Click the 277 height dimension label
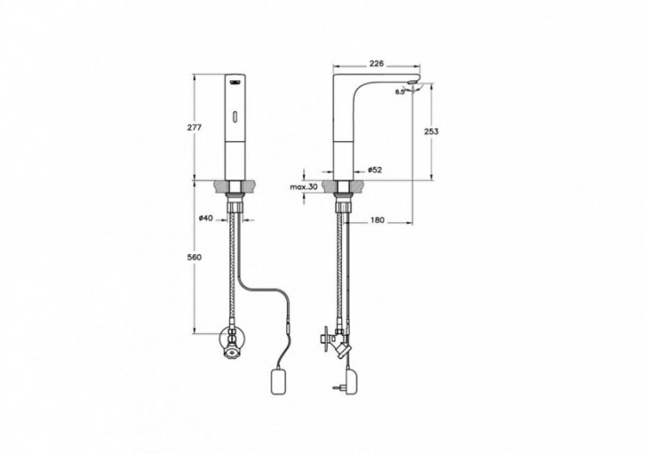pyautogui.click(x=195, y=127)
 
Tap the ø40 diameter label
pyautogui.click(x=206, y=219)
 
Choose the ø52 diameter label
pyautogui.click(x=376, y=170)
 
